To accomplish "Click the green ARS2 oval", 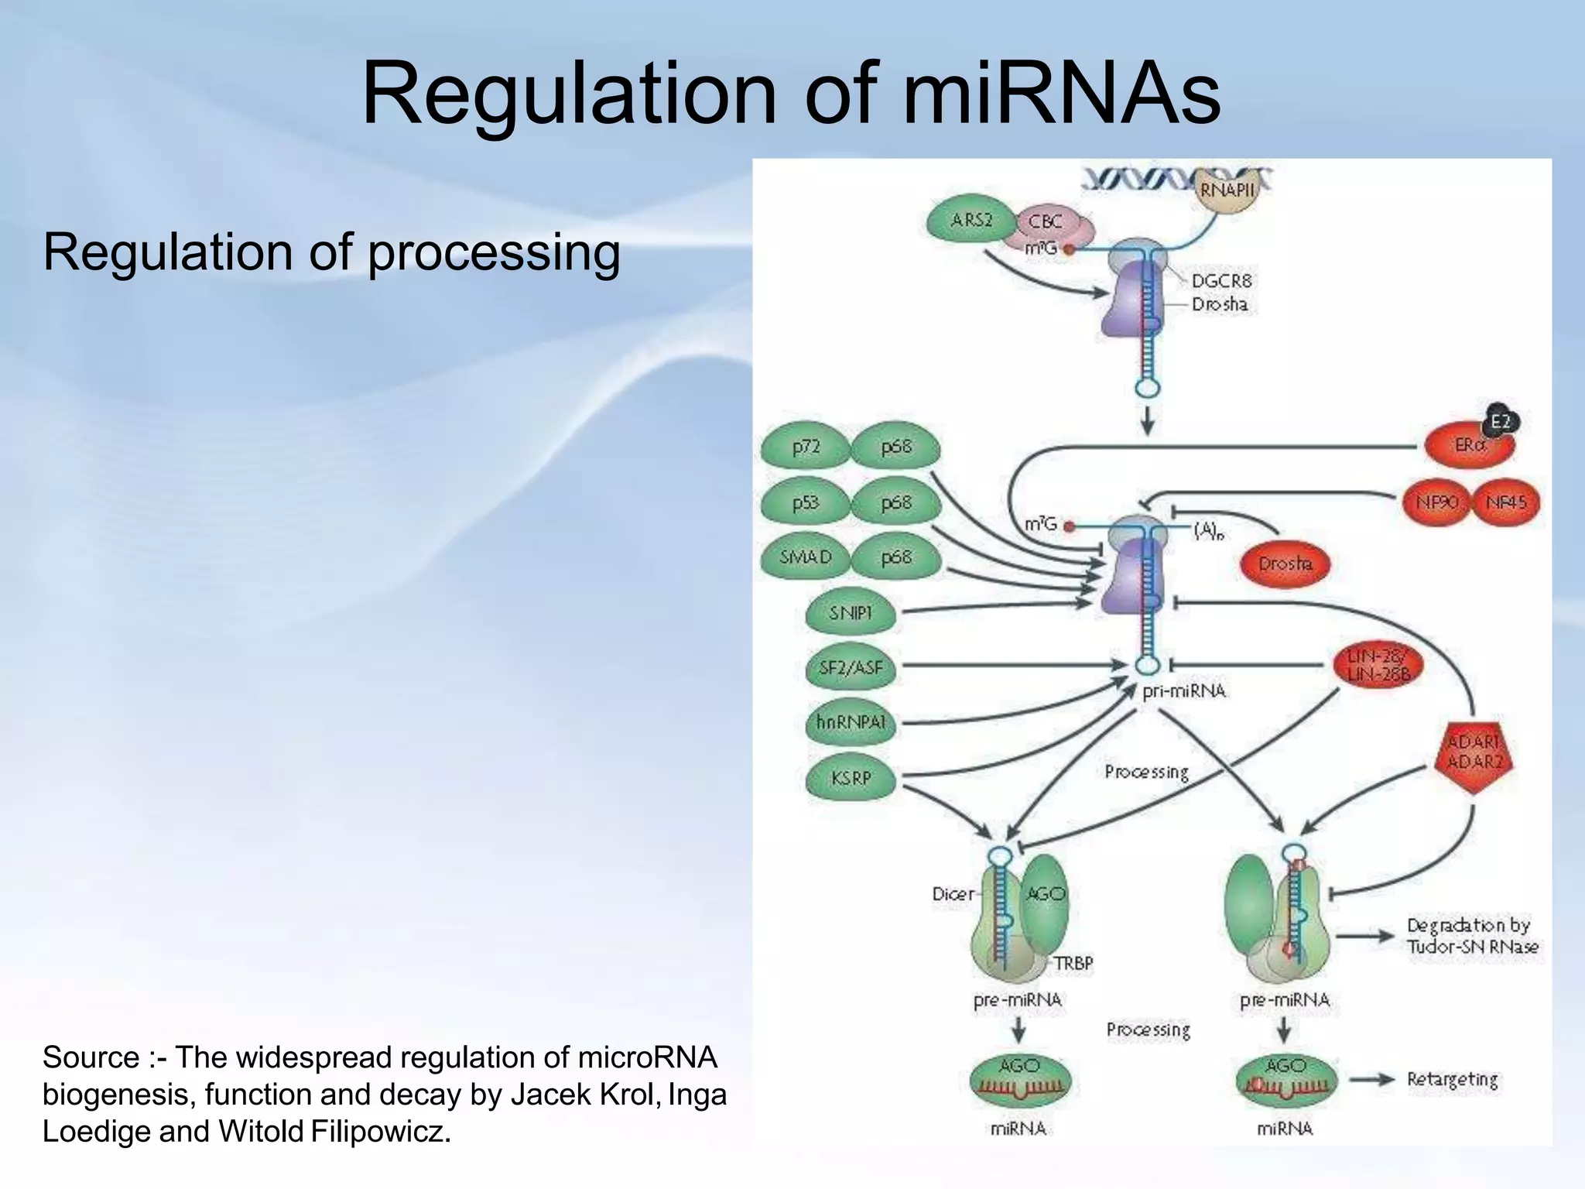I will pyautogui.click(x=971, y=220).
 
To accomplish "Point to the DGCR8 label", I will pyautogui.click(x=1220, y=281).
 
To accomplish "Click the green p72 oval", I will pyautogui.click(x=806, y=447).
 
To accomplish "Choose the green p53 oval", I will pyautogui.click(x=806, y=503).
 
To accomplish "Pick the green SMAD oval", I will pyautogui.click(x=806, y=557).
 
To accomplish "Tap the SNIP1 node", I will pyautogui.click(x=851, y=613).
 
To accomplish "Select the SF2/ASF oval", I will pyautogui.click(x=851, y=667).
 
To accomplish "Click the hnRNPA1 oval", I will pyautogui.click(x=851, y=722).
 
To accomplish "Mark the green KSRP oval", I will pyautogui.click(x=851, y=778).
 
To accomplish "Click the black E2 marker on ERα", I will pyautogui.click(x=1500, y=422).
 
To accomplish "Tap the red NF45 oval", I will pyautogui.click(x=1506, y=502).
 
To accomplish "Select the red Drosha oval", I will pyautogui.click(x=1285, y=564).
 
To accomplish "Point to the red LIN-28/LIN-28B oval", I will pyautogui.click(x=1378, y=666).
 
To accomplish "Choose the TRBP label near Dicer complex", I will pyautogui.click(x=1073, y=963).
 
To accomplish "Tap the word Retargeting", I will pyautogui.click(x=1452, y=1079).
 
